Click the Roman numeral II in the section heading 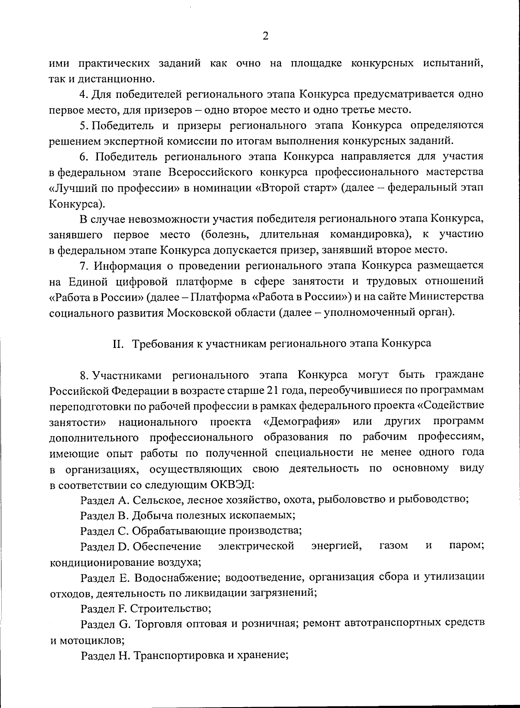coord(118,344)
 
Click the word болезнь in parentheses coord(227,234)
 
